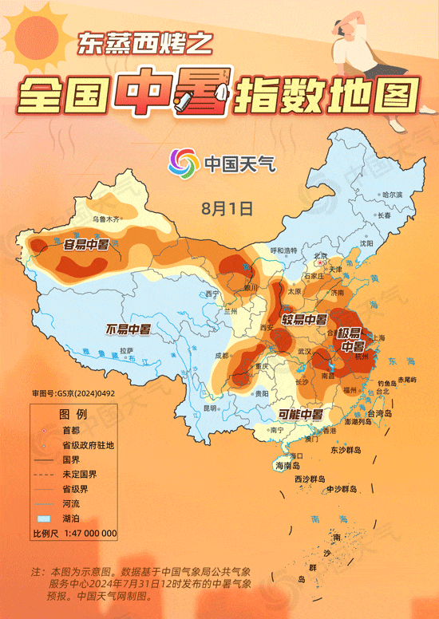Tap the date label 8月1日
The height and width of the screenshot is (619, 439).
[x=227, y=208]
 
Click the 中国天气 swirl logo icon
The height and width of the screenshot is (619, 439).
[x=182, y=164]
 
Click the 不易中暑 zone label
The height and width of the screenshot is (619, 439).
[x=129, y=329]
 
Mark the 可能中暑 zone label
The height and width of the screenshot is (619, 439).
[x=300, y=414]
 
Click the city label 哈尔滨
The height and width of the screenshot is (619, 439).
[x=393, y=195]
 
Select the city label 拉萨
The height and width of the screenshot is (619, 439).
[x=126, y=351]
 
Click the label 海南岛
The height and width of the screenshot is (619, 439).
[x=287, y=465]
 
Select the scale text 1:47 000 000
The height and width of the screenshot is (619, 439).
[x=86, y=533]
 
